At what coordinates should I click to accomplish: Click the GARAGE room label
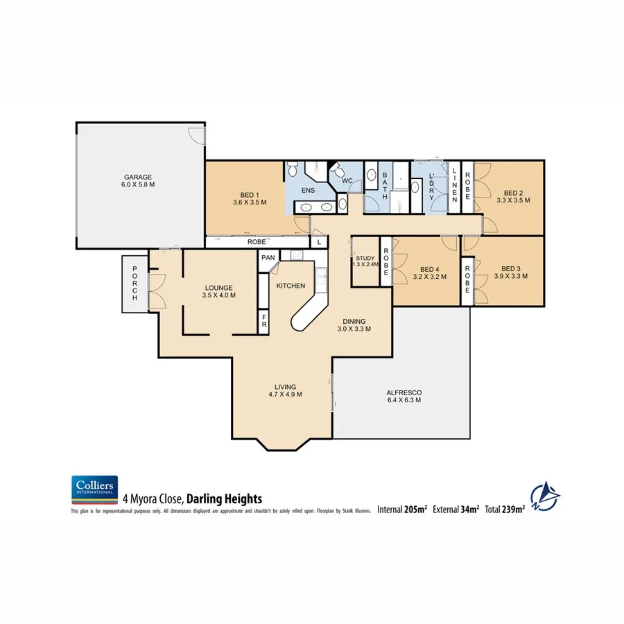[138, 177]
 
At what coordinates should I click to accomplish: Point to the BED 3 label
[510, 268]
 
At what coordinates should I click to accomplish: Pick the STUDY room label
[365, 258]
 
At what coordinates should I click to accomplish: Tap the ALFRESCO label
[404, 392]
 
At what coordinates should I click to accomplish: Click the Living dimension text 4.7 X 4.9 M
[285, 395]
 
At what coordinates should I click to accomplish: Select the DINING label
[353, 321]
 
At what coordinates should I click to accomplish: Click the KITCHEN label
[291, 286]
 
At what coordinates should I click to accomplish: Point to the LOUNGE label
[218, 288]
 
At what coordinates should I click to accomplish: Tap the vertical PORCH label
[135, 283]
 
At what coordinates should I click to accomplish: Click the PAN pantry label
[268, 257]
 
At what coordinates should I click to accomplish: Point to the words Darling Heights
[223, 498]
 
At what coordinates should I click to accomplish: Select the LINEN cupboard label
[455, 185]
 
